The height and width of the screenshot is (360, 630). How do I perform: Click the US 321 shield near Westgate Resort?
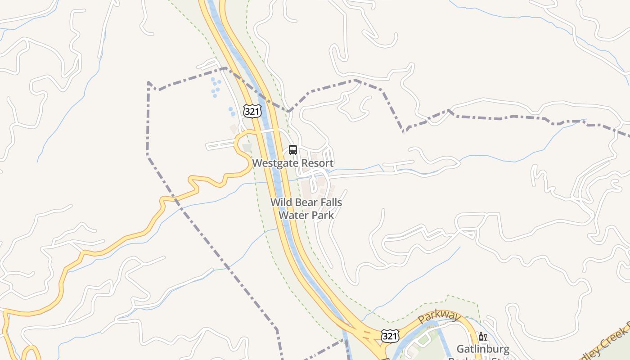coord(252,111)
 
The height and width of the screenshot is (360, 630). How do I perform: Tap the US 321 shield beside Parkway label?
coord(389,335)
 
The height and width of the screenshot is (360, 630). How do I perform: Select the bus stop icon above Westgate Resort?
coord(293,150)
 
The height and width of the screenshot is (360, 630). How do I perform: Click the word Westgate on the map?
coord(274,163)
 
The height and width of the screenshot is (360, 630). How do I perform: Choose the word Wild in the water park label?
coord(280,202)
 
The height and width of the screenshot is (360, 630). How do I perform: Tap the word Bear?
coord(304,202)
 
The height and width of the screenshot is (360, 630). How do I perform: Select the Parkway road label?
coord(439,316)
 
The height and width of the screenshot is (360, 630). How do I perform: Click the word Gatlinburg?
coord(483,349)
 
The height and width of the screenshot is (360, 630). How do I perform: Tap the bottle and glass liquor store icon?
coord(483,337)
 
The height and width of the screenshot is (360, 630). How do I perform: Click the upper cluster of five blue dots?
coord(216,87)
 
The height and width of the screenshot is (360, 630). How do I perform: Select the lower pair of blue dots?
coord(232,111)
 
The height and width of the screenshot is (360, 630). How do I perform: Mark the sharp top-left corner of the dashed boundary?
coord(148,82)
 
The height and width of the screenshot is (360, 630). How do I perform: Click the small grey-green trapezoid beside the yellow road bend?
coord(247,147)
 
